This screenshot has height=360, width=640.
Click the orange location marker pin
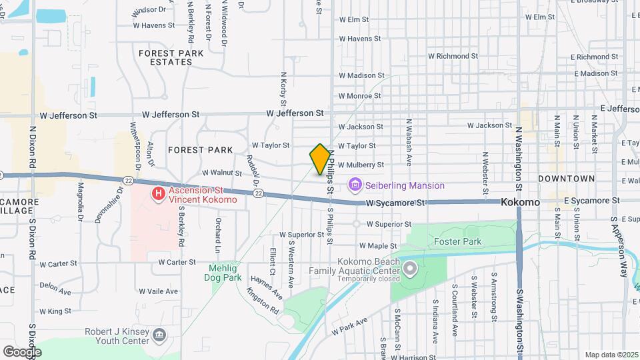click(320, 159)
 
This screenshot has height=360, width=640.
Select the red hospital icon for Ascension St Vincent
click(159, 194)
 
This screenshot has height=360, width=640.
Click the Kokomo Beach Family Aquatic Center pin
click(409, 269)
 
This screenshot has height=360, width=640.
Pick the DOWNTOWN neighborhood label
click(566, 179)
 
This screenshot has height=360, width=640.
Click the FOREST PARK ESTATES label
click(166, 57)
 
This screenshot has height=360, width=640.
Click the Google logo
click(22, 351)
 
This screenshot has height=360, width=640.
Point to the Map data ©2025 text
click(610, 355)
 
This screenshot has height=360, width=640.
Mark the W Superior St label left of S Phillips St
click(301, 235)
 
